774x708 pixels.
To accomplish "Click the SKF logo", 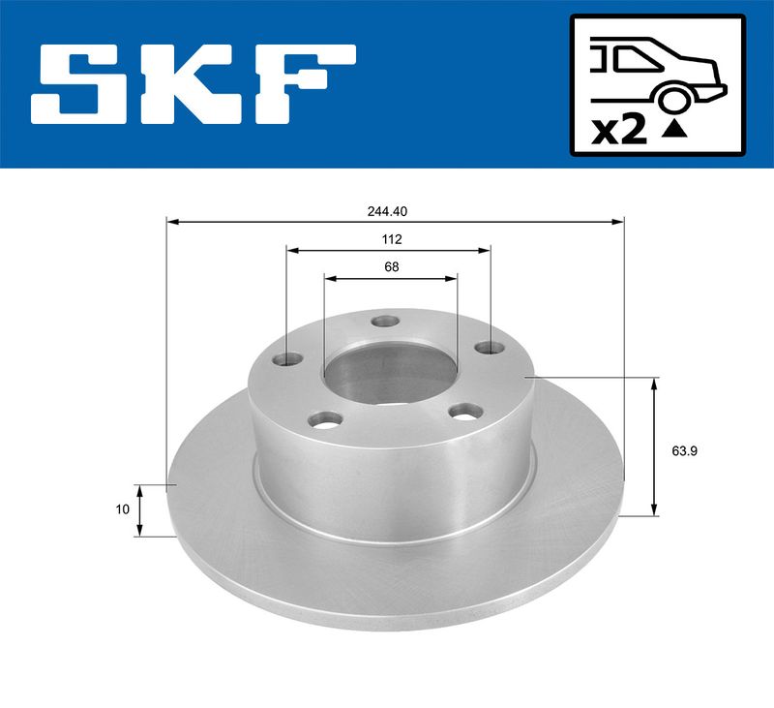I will coord(193,83).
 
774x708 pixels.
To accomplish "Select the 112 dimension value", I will coord(391,238).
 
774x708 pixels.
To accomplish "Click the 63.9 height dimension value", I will coord(684,449).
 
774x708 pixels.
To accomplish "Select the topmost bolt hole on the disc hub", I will coord(386,322).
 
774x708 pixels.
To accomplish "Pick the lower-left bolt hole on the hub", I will coord(325,420).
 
